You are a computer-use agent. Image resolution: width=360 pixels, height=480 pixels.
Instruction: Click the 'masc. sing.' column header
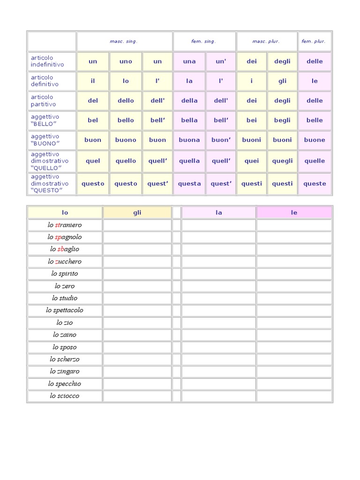point(124,41)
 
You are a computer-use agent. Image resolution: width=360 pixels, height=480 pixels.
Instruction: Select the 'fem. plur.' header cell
point(314,41)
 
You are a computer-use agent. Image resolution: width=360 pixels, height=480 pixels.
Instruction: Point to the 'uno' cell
point(126,61)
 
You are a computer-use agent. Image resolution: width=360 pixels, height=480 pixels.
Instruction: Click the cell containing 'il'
point(93,81)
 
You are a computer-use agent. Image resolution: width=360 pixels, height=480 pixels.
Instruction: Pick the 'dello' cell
point(126,101)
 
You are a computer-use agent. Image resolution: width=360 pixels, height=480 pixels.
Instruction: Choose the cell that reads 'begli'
point(282,120)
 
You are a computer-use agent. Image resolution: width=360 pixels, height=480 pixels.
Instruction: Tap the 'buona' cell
point(189,140)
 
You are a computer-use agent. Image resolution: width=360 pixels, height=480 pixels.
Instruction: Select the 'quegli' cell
point(282,161)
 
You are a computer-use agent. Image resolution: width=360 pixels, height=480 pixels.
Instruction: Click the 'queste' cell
point(315,184)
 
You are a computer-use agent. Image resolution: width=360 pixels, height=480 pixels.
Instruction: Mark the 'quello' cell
point(126,161)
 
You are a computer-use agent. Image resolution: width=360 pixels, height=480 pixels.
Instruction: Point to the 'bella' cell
point(189,120)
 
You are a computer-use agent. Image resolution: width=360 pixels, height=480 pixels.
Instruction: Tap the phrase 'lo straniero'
point(65,225)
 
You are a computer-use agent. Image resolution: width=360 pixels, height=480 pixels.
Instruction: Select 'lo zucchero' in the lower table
point(65,262)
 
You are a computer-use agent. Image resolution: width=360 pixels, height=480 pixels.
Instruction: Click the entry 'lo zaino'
point(65,335)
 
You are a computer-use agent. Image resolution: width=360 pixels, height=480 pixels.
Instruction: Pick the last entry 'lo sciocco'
point(65,396)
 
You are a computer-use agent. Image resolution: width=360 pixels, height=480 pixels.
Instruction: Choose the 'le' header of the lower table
point(294,213)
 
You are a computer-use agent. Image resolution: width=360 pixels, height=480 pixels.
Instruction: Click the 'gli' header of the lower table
point(137,213)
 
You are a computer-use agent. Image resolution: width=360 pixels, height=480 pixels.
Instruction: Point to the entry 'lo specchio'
point(65,383)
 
